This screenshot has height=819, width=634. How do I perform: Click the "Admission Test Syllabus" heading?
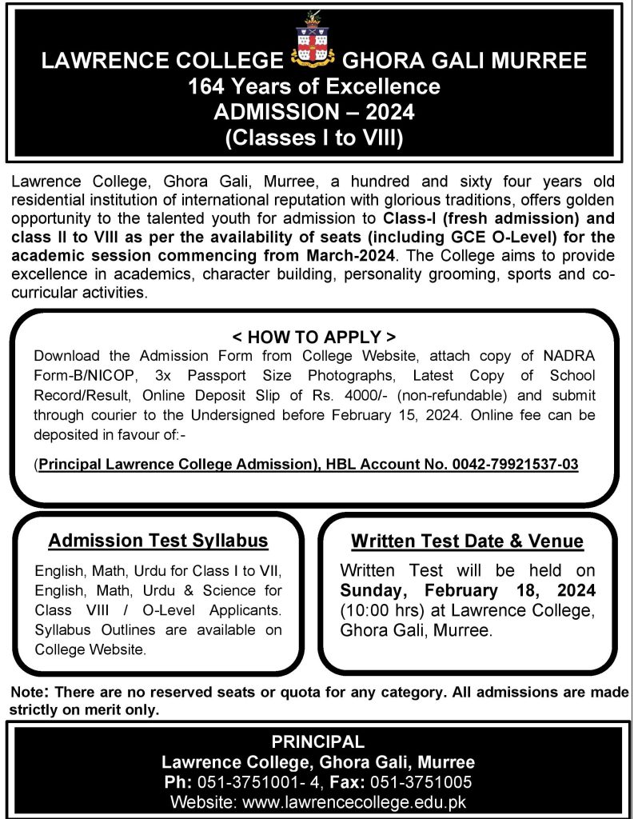tap(158, 541)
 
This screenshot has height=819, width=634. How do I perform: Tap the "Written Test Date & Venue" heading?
tap(467, 541)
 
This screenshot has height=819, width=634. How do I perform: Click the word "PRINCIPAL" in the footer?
tap(317, 741)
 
